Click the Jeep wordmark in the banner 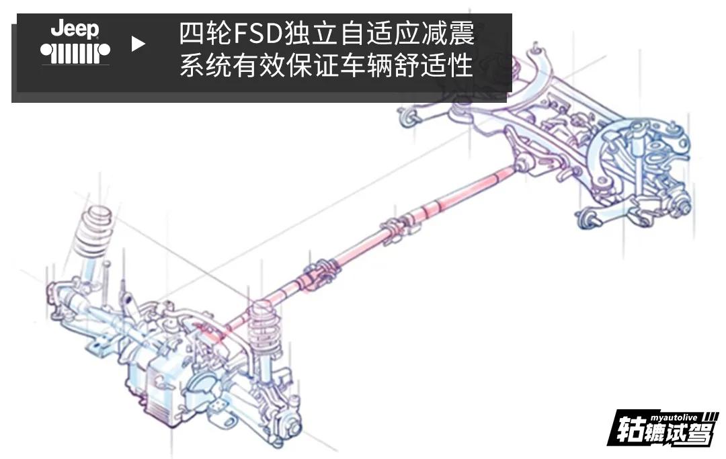[x=75, y=30]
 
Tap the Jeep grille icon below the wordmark [x=75, y=52]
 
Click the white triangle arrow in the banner [x=138, y=45]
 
